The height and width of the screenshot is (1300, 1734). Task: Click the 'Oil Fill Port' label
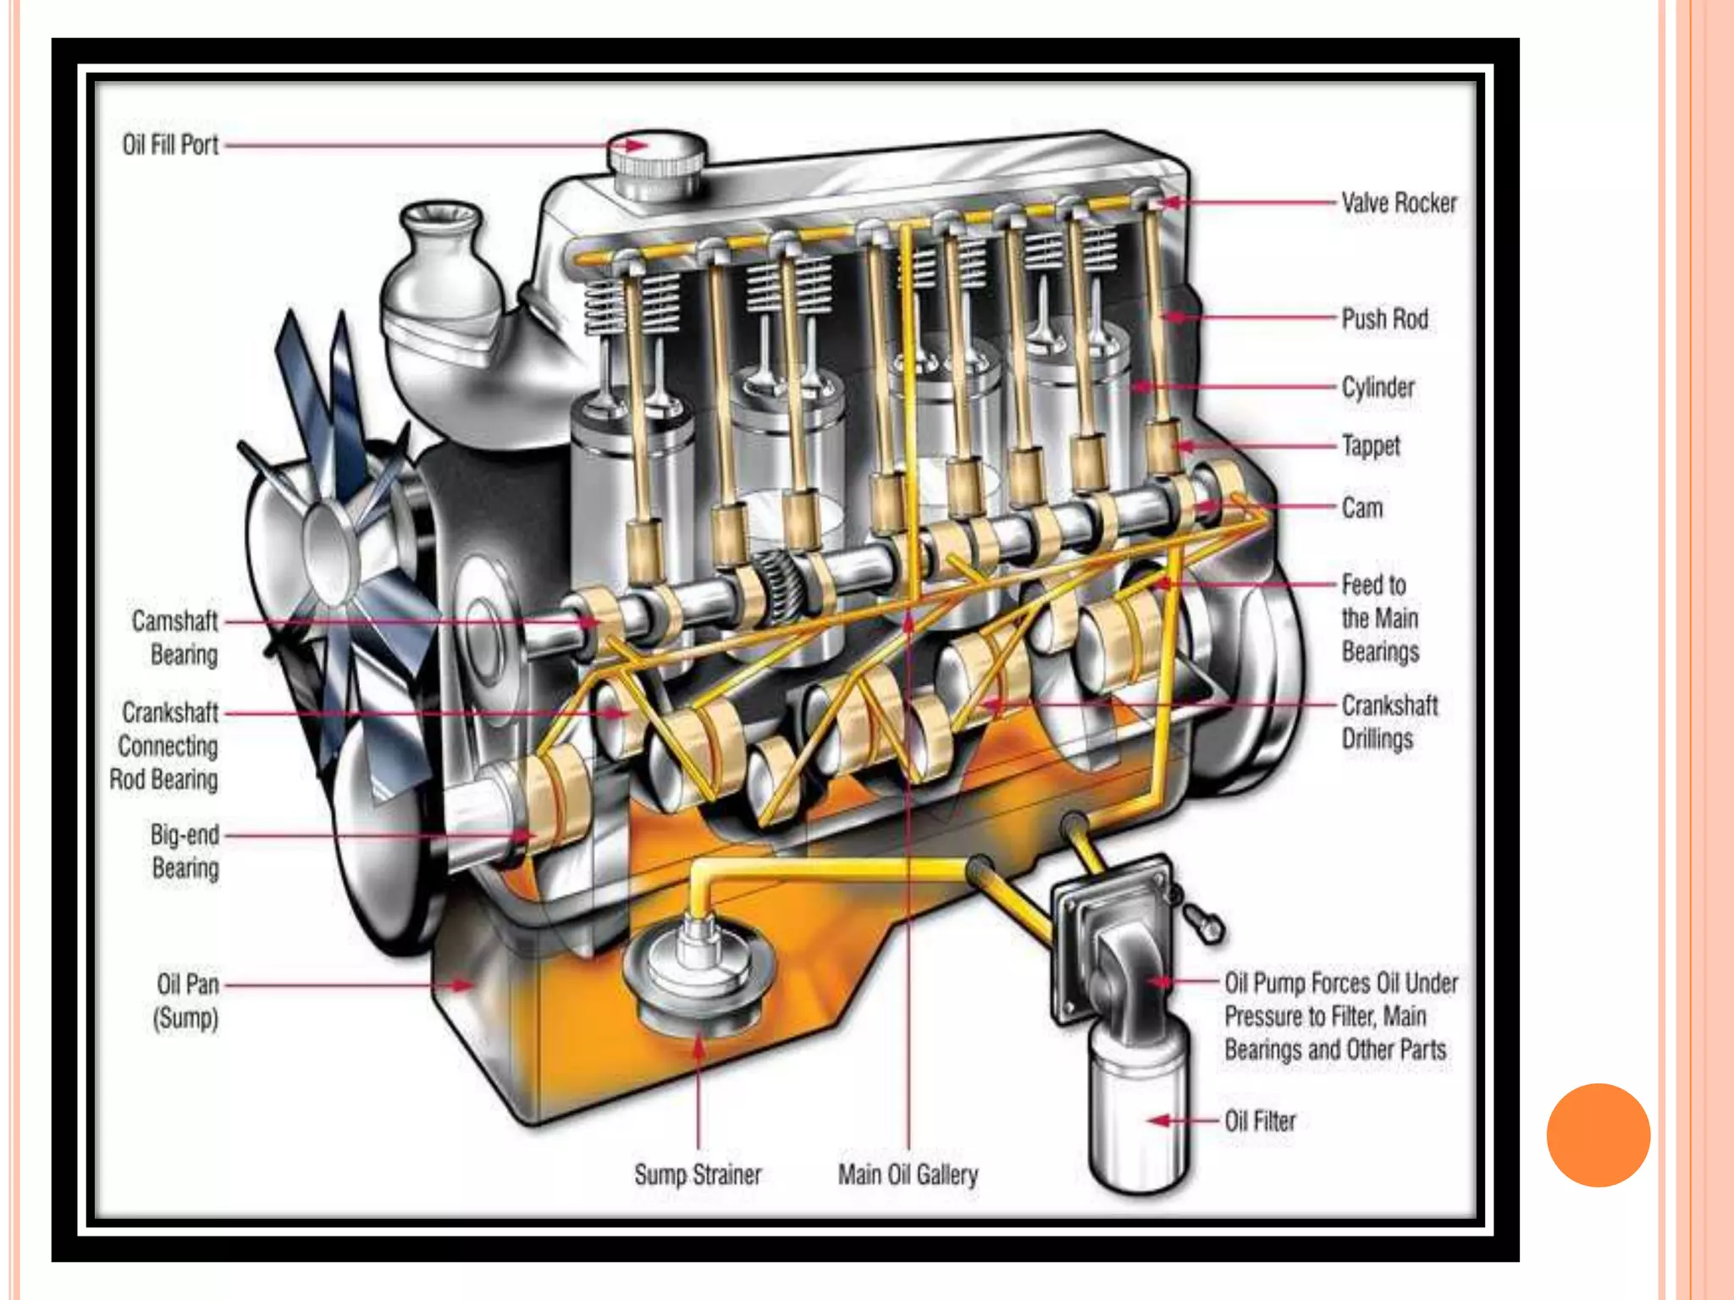pos(170,146)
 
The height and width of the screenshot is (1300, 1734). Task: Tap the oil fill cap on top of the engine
pos(658,161)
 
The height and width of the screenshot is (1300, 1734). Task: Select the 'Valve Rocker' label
pos(1399,203)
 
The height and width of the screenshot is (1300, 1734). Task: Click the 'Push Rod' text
pos(1385,319)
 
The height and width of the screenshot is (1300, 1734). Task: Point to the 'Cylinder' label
pos(1378,388)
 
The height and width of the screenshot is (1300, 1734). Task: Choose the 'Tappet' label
pos(1371,446)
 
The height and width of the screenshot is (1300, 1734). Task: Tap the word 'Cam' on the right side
pos(1362,508)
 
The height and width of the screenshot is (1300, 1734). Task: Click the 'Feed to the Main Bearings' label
pos(1380,618)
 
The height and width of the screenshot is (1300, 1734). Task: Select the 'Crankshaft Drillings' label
pos(1389,722)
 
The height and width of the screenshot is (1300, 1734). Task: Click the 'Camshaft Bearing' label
pos(176,637)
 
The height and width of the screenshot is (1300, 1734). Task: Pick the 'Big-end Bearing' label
pos(185,851)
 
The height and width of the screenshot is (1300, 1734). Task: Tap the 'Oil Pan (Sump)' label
pos(187,1000)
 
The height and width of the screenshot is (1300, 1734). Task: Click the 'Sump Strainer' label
pos(698,1175)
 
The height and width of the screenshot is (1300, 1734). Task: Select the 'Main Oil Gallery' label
pos(908,1175)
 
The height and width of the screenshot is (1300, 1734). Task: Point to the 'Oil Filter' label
pos(1260,1121)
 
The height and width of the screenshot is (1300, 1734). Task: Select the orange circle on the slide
pos(1598,1135)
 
